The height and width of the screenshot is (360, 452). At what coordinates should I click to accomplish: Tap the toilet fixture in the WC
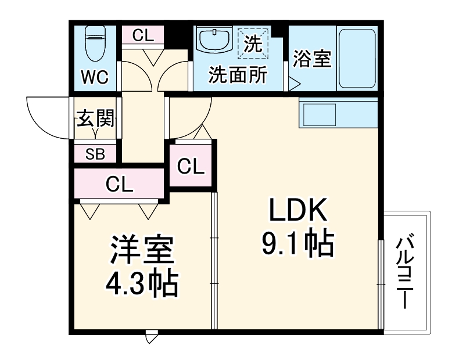pos(94,44)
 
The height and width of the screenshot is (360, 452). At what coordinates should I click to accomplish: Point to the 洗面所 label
pos(238,75)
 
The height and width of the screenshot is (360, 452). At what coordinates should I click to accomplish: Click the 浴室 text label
pos(312,59)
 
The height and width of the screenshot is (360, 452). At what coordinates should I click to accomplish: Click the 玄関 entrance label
pos(96,120)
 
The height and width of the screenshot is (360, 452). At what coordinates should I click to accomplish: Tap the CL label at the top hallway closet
pos(142,35)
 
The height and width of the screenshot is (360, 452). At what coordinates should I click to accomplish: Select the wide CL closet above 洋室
pos(120,185)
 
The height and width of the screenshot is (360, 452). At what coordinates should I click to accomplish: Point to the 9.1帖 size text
pos(298,243)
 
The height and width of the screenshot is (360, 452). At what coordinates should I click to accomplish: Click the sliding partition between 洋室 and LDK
pos(213,261)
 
